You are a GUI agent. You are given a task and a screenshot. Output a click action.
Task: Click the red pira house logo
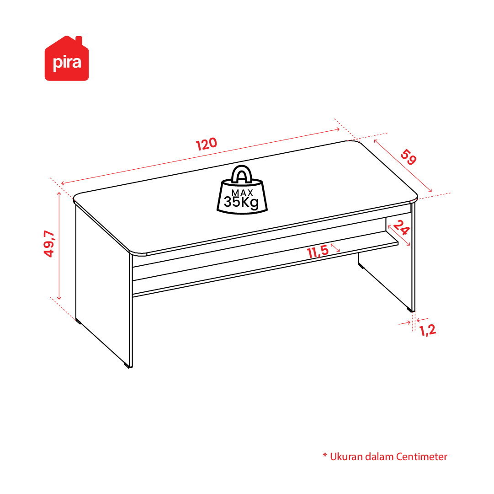67,59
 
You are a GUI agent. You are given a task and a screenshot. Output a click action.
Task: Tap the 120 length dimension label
207,144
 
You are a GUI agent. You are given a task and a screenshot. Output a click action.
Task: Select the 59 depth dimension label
409,157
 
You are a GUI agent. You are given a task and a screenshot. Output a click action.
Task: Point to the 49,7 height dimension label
49,244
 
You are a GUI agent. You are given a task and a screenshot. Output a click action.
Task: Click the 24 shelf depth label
401,227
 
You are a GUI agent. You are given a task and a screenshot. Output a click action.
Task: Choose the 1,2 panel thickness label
428,330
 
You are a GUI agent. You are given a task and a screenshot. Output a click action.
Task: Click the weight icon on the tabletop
242,190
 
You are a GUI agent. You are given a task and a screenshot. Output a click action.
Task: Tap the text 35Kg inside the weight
241,202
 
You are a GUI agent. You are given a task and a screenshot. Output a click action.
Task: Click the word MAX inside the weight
242,193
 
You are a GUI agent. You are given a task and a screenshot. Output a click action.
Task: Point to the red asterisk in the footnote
325,455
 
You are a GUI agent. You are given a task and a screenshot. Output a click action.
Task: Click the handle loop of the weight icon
242,173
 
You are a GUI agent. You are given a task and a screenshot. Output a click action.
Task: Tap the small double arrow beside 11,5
335,248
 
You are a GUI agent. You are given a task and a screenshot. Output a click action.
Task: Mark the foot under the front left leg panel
128,366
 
